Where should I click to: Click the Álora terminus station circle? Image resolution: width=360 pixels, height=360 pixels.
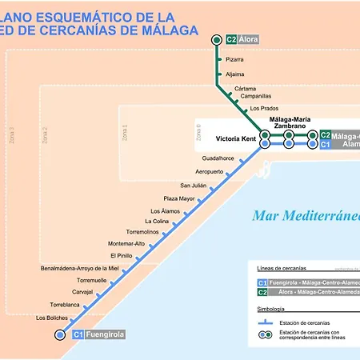[x=216, y=40]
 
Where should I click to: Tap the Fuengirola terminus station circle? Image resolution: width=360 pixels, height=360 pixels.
[x=59, y=335]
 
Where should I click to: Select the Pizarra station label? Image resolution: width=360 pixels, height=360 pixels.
[x=234, y=59]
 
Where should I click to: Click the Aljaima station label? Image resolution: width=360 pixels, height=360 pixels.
[x=234, y=74]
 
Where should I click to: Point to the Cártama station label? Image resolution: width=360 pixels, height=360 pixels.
[x=246, y=88]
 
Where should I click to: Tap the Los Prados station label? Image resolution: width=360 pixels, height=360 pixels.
[x=264, y=108]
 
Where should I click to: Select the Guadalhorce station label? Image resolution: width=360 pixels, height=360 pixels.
[x=218, y=158]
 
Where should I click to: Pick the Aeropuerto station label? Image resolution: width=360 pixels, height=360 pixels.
[x=210, y=172]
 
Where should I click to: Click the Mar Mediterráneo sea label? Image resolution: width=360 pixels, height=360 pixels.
[x=305, y=216]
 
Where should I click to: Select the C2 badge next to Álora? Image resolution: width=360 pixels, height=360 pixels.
[x=231, y=40]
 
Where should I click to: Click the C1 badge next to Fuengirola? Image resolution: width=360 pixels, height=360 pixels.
[x=78, y=335]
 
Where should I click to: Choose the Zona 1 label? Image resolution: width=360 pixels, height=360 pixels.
[x=124, y=134]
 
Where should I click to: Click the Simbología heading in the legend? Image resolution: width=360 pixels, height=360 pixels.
[x=272, y=307]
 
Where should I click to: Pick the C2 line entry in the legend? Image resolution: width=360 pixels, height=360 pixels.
[x=308, y=293]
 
